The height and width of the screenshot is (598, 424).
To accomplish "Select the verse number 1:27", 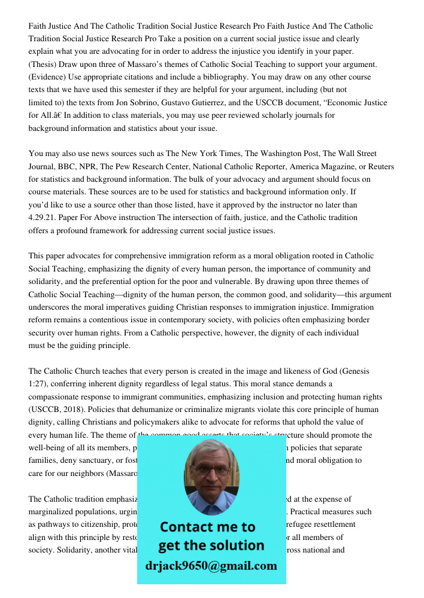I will tap(37, 385).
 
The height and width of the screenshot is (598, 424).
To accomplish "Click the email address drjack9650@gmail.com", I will tap(211, 566).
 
